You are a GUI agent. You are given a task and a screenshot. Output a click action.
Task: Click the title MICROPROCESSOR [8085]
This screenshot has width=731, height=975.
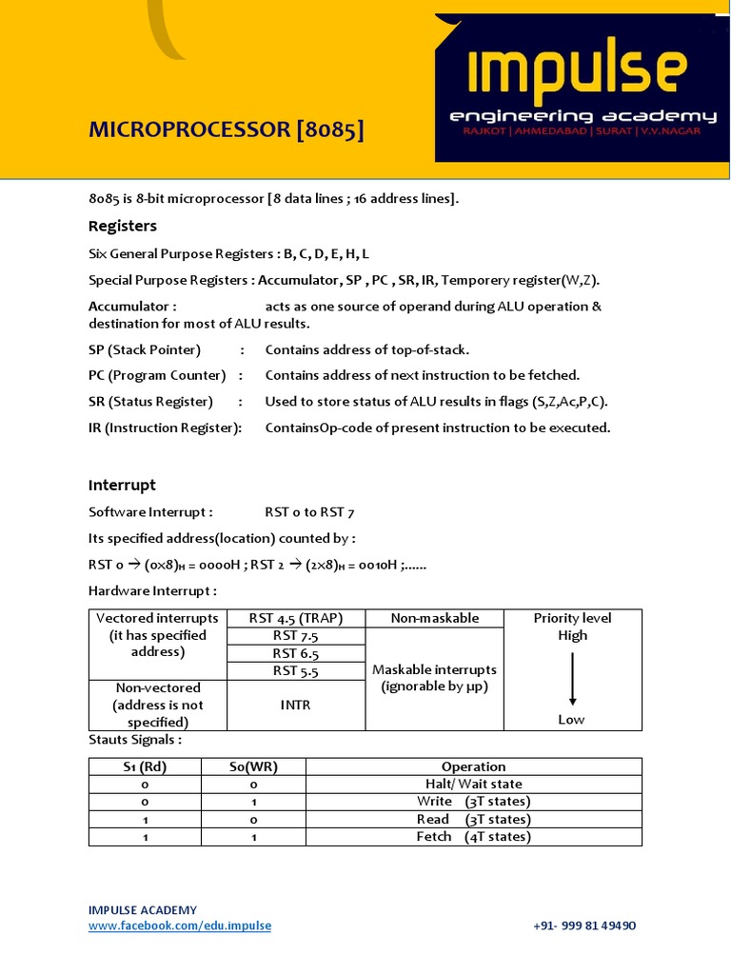(226, 129)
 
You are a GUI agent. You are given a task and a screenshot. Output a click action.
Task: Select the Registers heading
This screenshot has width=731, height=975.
(123, 227)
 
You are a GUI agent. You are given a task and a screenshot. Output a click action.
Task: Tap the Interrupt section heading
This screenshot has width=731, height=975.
(122, 486)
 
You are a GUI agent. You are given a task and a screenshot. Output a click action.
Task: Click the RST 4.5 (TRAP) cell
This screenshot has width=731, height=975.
(296, 619)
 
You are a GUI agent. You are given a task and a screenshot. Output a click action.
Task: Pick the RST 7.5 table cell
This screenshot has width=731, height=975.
(296, 636)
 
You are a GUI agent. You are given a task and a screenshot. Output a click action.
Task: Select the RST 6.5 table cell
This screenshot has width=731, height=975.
(296, 653)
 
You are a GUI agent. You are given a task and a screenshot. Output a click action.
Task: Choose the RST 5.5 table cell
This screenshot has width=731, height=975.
(296, 671)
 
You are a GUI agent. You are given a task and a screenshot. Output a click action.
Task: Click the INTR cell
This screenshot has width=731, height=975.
(296, 706)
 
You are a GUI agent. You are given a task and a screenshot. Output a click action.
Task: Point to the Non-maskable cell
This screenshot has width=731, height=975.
(434, 619)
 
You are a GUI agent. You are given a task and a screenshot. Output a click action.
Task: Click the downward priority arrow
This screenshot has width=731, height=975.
(572, 678)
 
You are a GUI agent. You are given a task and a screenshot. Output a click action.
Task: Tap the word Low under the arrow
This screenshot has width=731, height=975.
(572, 720)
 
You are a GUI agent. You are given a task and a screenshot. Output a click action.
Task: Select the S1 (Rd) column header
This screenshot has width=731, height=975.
(145, 767)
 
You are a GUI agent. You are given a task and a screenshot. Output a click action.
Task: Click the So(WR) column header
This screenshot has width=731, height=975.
(253, 767)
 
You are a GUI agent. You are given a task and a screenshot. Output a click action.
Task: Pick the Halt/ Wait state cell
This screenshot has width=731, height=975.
(473, 785)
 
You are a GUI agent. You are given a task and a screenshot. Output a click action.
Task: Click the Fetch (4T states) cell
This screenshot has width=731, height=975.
(473, 837)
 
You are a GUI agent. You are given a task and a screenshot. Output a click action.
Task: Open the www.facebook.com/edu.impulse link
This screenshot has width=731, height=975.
(180, 925)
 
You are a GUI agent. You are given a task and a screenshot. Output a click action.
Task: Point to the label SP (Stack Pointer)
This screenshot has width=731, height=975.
(145, 349)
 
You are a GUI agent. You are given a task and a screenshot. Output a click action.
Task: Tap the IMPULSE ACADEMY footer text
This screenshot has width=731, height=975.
(143, 910)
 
